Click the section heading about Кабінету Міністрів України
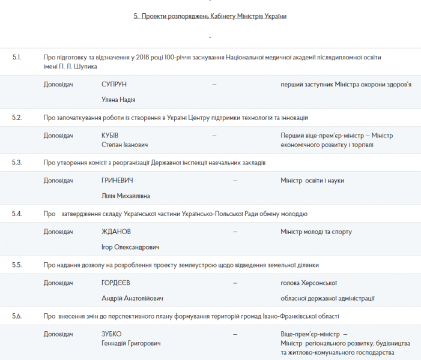pyautogui.click(x=210, y=16)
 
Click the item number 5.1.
pyautogui.click(x=17, y=57)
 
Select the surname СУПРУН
pyautogui.click(x=115, y=85)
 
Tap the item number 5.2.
pyautogui.click(x=17, y=118)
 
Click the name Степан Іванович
pyautogui.click(x=125, y=145)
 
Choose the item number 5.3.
pyautogui.click(x=17, y=163)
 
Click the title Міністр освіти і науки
pyautogui.click(x=312, y=181)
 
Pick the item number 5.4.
pyautogui.click(x=17, y=214)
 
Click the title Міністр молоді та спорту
pyautogui.click(x=316, y=232)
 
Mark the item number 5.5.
pyautogui.click(x=17, y=265)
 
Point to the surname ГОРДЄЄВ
pyautogui.click(x=118, y=283)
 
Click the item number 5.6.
pyautogui.click(x=17, y=316)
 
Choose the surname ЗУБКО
pyautogui.click(x=112, y=334)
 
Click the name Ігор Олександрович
pyautogui.click(x=131, y=247)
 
